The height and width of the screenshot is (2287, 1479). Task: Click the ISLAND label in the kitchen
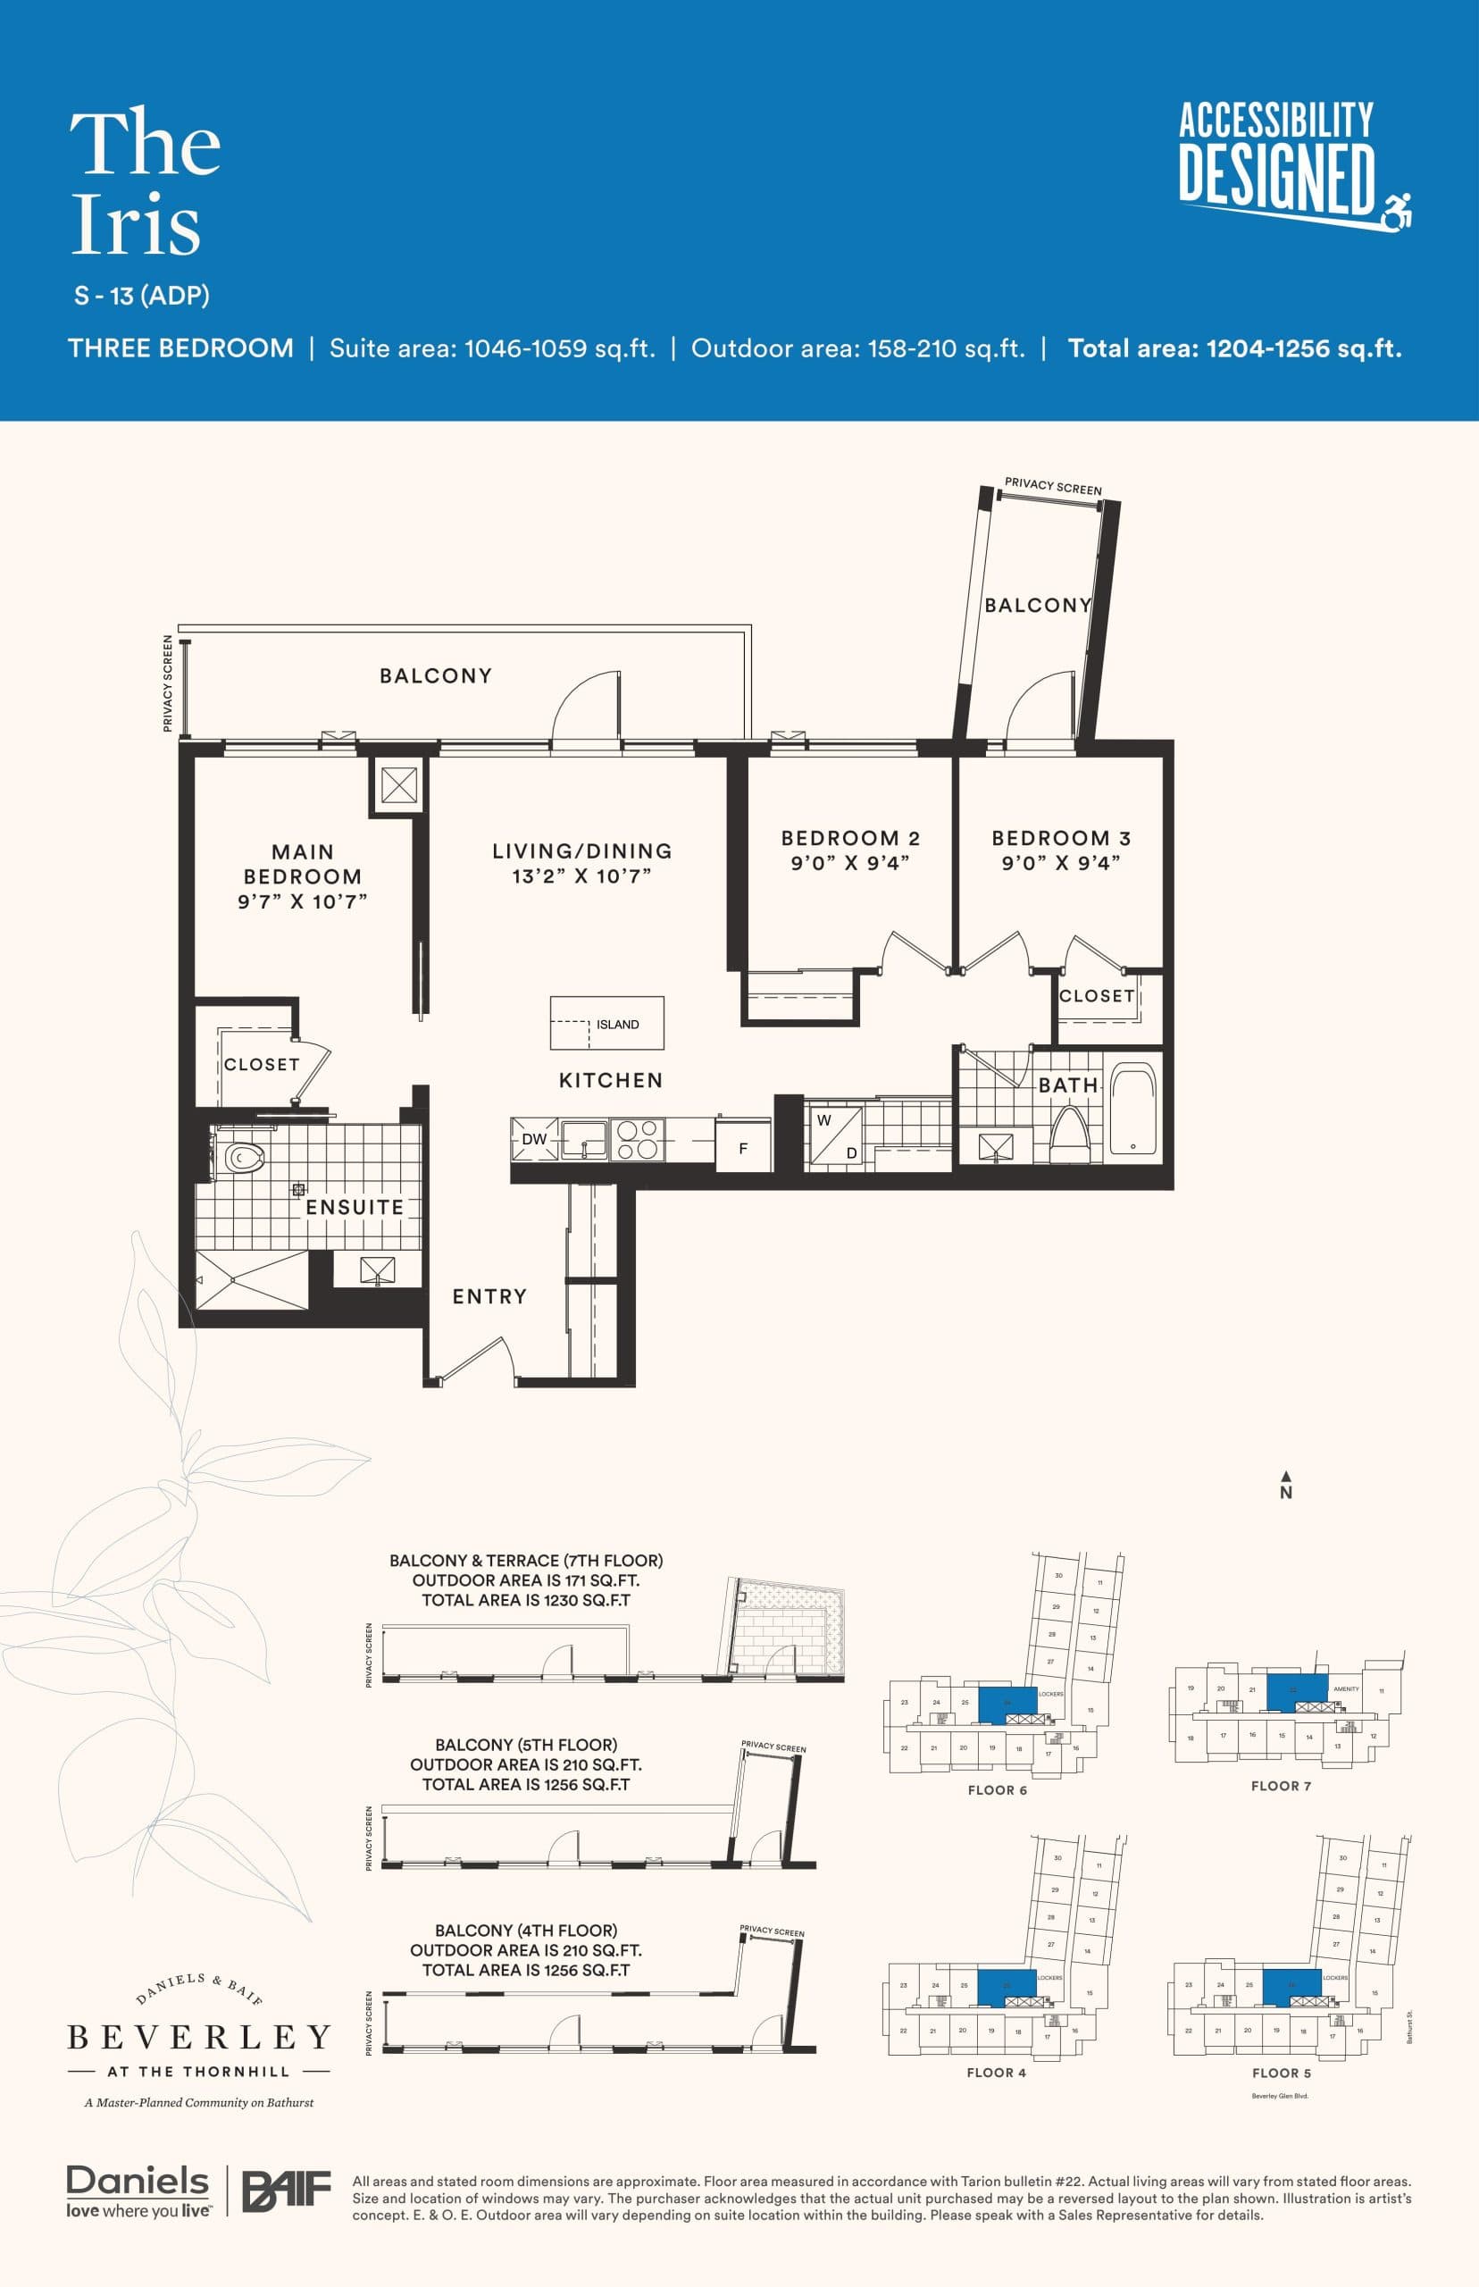tap(616, 1024)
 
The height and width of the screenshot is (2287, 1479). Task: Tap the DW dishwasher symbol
tap(534, 1139)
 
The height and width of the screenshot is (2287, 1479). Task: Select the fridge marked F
tap(743, 1147)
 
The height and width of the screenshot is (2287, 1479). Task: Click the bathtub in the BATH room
tap(1133, 1108)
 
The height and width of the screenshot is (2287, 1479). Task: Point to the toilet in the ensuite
tap(243, 1158)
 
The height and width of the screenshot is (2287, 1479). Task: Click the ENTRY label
tap(489, 1295)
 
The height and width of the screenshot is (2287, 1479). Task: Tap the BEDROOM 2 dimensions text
tap(850, 863)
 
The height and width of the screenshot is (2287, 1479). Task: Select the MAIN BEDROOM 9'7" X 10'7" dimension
tap(303, 901)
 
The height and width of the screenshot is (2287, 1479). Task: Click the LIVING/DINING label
tap(582, 851)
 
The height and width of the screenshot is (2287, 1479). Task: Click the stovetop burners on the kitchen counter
tap(636, 1139)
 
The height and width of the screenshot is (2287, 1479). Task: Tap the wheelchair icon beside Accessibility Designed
tap(1399, 212)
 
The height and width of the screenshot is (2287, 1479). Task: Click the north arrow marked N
tap(1286, 1485)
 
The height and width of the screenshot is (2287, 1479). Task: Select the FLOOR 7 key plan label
tap(1280, 1786)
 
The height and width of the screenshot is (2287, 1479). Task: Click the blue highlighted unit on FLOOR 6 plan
tap(1007, 1701)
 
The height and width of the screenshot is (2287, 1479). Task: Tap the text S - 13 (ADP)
tap(142, 296)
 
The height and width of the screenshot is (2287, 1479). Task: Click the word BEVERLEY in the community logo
tap(199, 2037)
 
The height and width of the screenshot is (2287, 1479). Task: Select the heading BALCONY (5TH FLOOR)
tap(525, 1745)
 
